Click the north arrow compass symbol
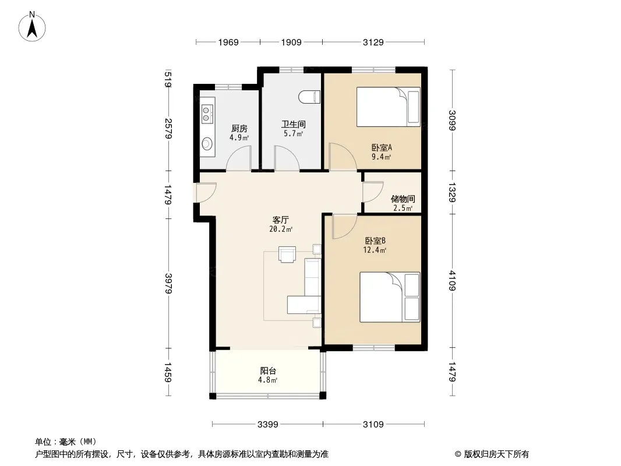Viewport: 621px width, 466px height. pyautogui.click(x=32, y=27)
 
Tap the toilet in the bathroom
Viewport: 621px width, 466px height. pyautogui.click(x=309, y=97)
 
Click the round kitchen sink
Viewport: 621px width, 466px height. pyautogui.click(x=207, y=143)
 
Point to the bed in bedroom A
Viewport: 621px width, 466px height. pyautogui.click(x=388, y=107)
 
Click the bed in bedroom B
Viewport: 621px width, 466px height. pyautogui.click(x=390, y=297)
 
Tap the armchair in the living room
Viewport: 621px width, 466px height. pyautogui.click(x=287, y=255)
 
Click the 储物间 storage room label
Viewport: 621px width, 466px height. pyautogui.click(x=403, y=199)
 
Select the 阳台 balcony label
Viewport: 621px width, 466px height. pyautogui.click(x=268, y=370)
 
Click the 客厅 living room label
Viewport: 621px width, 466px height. pyautogui.click(x=281, y=220)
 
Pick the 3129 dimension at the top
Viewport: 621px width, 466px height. pyautogui.click(x=373, y=42)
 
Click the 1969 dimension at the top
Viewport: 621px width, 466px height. pyautogui.click(x=228, y=42)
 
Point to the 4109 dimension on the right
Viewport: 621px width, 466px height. pyautogui.click(x=452, y=280)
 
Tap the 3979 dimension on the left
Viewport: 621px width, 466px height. pyautogui.click(x=168, y=283)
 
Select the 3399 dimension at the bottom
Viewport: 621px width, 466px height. pyautogui.click(x=268, y=425)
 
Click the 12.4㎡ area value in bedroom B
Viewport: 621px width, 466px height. pyautogui.click(x=375, y=250)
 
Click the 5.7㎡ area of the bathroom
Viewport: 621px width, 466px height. pyautogui.click(x=293, y=134)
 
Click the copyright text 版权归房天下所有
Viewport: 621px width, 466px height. pyautogui.click(x=496, y=454)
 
